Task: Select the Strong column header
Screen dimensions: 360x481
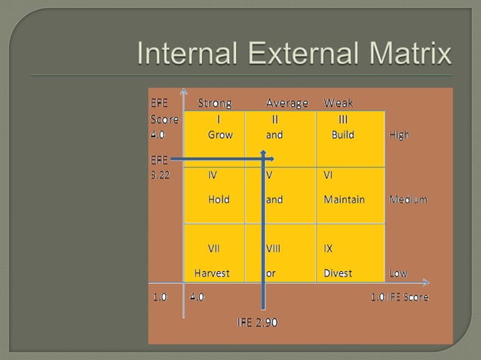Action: (x=214, y=103)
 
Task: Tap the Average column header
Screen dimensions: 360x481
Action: (x=286, y=103)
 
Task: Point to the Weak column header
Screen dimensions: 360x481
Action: (x=339, y=103)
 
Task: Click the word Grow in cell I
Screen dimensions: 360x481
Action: (x=220, y=136)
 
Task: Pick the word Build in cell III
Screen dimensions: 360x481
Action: (x=342, y=136)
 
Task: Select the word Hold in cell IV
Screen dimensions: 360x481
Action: (x=219, y=200)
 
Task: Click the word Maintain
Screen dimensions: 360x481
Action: (x=344, y=200)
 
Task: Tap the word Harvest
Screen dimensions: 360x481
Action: (x=212, y=273)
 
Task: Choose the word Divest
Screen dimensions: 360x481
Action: (x=338, y=273)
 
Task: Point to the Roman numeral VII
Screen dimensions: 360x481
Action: (x=214, y=248)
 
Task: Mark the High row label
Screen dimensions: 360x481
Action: (x=399, y=136)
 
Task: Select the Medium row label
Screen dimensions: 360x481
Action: (x=408, y=200)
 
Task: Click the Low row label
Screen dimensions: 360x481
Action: (x=397, y=273)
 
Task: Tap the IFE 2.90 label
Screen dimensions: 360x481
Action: (x=257, y=323)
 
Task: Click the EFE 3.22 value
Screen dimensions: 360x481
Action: (x=159, y=175)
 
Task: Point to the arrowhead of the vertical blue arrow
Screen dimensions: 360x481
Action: (x=264, y=154)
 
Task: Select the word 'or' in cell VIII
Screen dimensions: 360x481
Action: (x=271, y=273)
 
